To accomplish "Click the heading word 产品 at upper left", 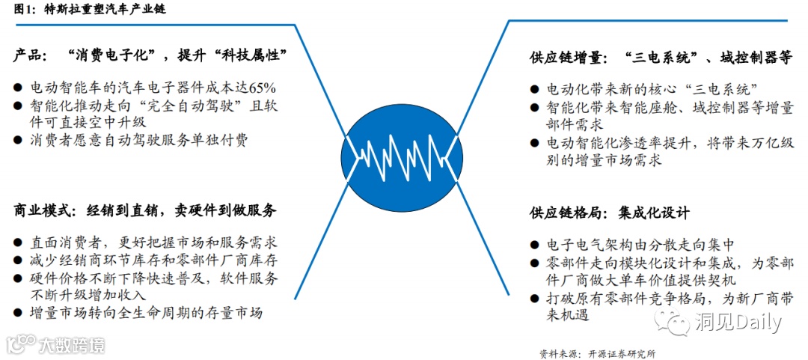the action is point(29,55).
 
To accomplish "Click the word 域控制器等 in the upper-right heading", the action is point(753,57).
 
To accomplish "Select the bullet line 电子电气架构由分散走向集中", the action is point(640,245).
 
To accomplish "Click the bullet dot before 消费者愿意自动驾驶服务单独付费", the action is point(17,140).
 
